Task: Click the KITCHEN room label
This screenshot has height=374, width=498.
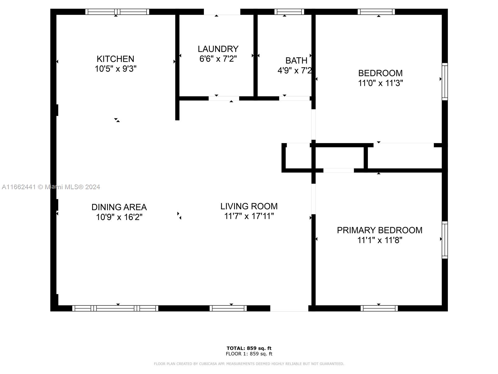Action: point(115,59)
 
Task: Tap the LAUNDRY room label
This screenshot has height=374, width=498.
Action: point(218,49)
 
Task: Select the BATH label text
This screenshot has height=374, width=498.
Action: point(296,61)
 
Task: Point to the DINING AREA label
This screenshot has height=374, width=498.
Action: point(119,207)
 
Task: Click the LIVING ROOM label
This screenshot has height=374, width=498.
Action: point(249,206)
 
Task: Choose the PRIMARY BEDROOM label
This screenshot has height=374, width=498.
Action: point(379,230)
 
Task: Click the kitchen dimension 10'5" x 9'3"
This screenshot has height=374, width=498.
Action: point(115,69)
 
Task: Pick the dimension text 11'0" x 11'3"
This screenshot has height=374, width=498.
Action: point(380,83)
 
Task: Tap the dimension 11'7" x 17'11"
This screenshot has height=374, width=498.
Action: point(249,216)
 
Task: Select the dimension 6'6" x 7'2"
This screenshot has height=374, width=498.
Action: point(218,59)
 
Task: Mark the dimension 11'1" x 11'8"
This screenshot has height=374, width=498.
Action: point(380,240)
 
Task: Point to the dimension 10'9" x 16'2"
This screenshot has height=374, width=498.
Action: point(119,217)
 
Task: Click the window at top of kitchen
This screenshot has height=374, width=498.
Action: point(117,12)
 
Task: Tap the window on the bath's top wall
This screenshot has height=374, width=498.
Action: point(289,12)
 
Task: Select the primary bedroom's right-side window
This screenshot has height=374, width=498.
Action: point(445,240)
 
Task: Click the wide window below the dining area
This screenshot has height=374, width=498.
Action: point(115,308)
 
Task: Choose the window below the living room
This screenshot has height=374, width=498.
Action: point(228,308)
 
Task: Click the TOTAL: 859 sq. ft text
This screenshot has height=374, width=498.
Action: point(249,348)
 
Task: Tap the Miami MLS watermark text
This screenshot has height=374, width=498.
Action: point(51,187)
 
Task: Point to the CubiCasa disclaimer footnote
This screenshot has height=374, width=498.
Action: point(249,364)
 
